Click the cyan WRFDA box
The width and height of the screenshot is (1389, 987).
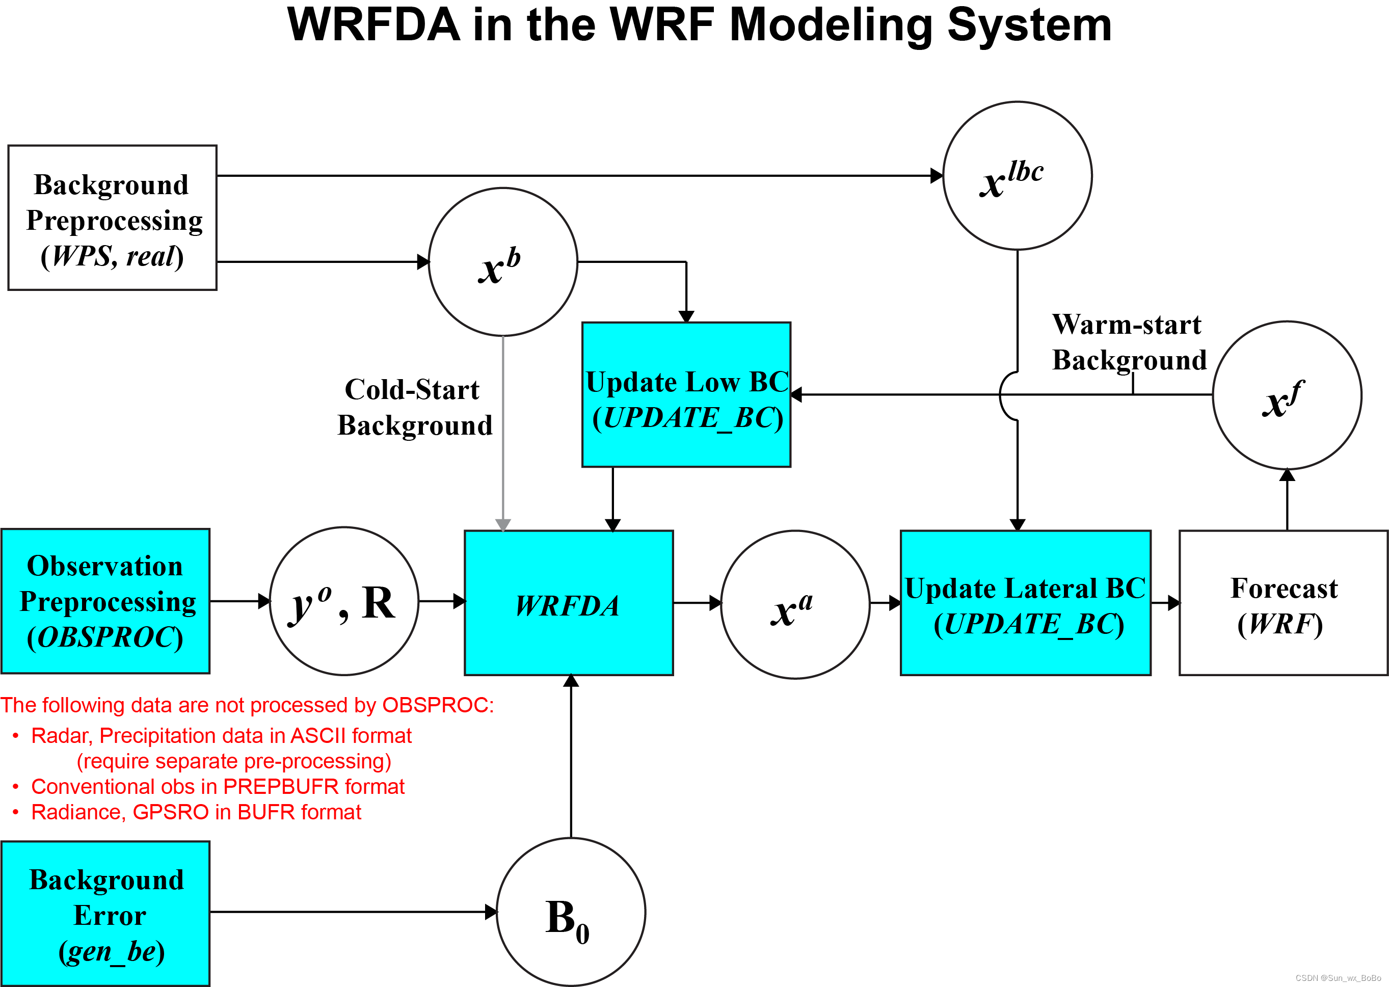(x=568, y=603)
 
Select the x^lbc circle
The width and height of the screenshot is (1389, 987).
(x=1017, y=176)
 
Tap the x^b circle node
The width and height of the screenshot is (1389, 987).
(x=502, y=262)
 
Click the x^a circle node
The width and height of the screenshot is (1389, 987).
(x=795, y=605)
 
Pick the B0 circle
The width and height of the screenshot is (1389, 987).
(x=571, y=912)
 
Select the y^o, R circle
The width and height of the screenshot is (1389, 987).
(x=344, y=601)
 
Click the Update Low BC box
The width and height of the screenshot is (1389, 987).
(x=686, y=395)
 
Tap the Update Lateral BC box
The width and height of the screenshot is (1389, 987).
(x=1025, y=603)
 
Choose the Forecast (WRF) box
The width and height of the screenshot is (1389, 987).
(x=1284, y=603)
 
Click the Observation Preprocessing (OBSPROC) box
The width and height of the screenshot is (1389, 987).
(x=105, y=601)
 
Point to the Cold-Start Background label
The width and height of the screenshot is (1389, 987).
(x=414, y=407)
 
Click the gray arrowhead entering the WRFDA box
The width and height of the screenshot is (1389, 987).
(x=502, y=524)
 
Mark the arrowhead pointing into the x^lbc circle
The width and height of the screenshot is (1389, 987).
(x=937, y=176)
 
